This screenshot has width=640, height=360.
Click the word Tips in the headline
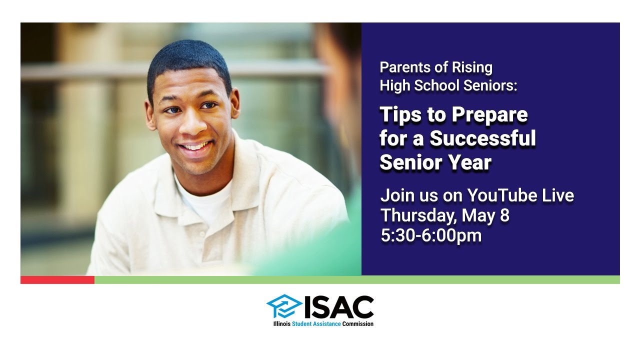[x=397, y=115]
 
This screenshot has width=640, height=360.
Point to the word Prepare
[x=489, y=115]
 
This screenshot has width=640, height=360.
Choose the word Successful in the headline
[x=482, y=138]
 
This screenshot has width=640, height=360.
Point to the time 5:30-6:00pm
[x=431, y=235]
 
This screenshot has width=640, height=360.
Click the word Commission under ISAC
[x=358, y=324]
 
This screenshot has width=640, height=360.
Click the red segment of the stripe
[x=57, y=280]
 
